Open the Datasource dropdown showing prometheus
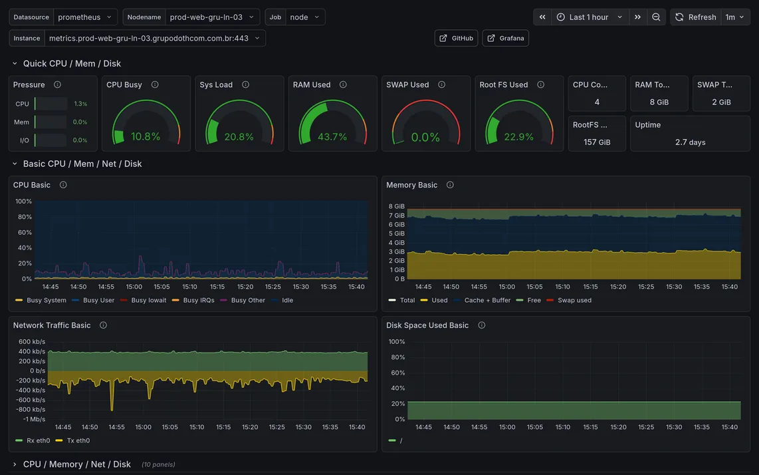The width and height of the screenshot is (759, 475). pos(85,17)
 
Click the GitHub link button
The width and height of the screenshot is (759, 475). pos(456,39)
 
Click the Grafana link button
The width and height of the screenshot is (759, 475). pos(505,39)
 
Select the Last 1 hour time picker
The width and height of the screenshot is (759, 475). pos(589,17)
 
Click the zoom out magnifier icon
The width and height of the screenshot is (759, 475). pos(656,17)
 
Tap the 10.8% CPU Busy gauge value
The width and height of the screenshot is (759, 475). pos(145,136)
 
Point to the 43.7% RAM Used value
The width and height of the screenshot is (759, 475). pos(332,136)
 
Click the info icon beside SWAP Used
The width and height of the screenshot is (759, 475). pos(441,85)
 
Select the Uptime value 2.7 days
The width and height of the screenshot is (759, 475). pos(691,142)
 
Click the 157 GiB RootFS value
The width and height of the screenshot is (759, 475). pos(597,142)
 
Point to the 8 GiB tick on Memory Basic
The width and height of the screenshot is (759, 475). pos(396,206)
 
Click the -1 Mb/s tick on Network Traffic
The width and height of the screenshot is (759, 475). pos(34,419)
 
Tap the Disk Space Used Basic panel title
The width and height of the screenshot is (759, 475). pos(427,325)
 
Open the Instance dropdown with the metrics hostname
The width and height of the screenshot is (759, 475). pos(155,39)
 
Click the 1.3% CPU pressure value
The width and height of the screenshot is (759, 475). pos(80,104)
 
